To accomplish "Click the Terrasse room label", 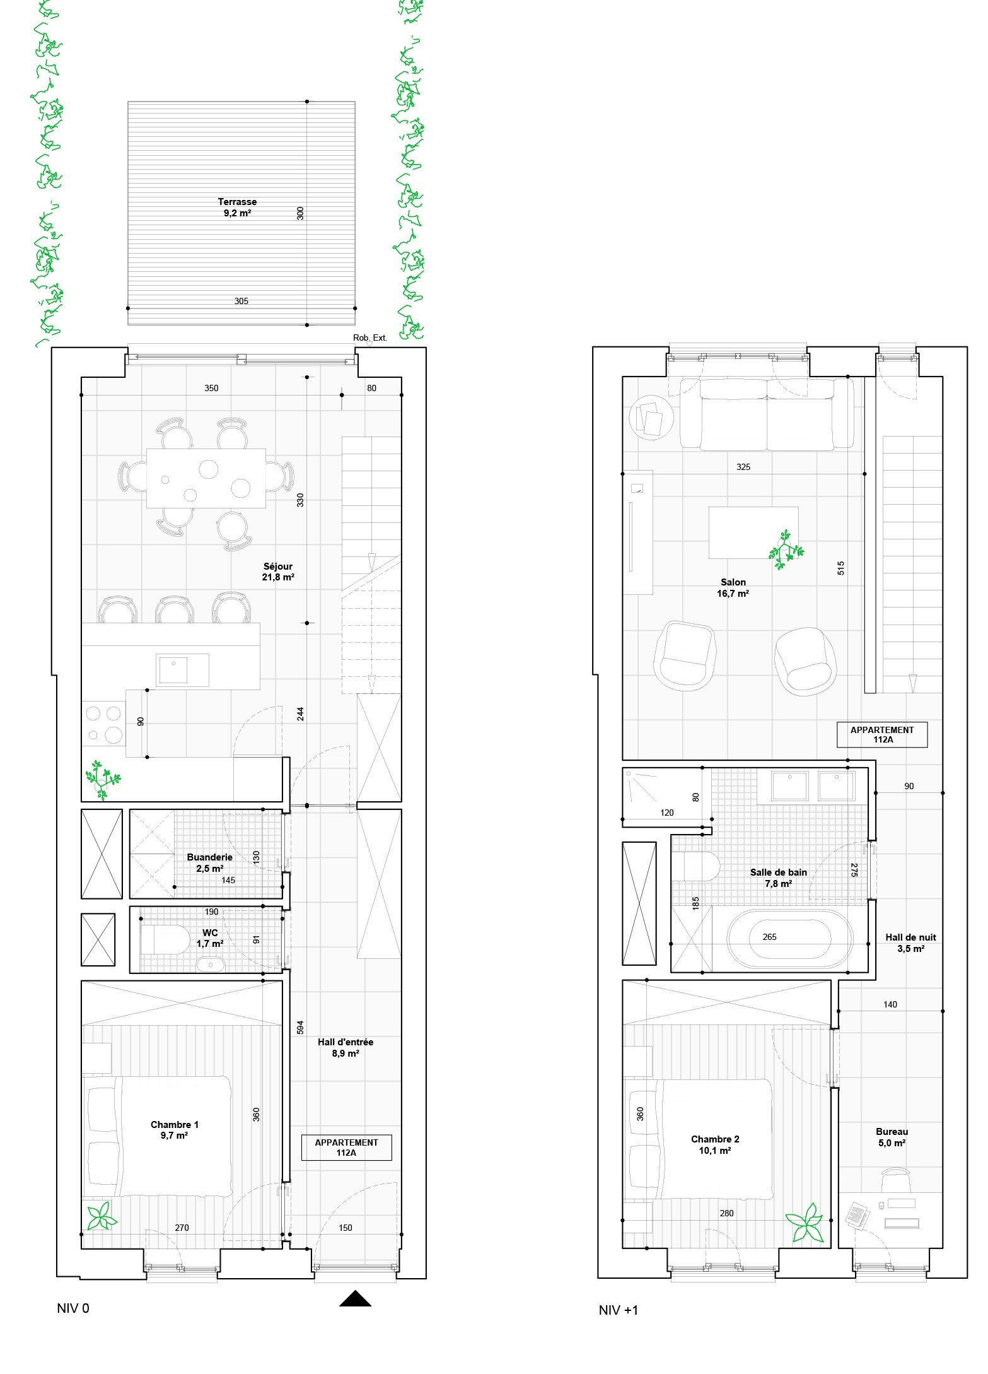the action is tap(237, 207).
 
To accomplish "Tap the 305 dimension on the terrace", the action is tap(241, 301).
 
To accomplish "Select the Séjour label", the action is tap(278, 572).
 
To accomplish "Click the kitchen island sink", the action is tap(173, 670).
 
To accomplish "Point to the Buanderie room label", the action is tap(210, 862).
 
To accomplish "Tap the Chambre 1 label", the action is tap(175, 1130).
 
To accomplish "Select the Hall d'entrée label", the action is tap(346, 1048).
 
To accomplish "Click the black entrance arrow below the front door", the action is tap(355, 1298).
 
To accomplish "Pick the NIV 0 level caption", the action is tap(73, 1308).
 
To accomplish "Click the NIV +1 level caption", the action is tap(619, 1310).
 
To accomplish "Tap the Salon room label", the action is tap(733, 588).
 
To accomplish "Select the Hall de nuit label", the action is tap(910, 943).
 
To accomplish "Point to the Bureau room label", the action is tap(892, 1137).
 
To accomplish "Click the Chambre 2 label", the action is tap(715, 1144).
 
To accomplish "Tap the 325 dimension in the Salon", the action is tap(743, 467).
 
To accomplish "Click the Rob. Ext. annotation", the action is tap(370, 338).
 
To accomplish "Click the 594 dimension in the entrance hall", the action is tap(301, 1027).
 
